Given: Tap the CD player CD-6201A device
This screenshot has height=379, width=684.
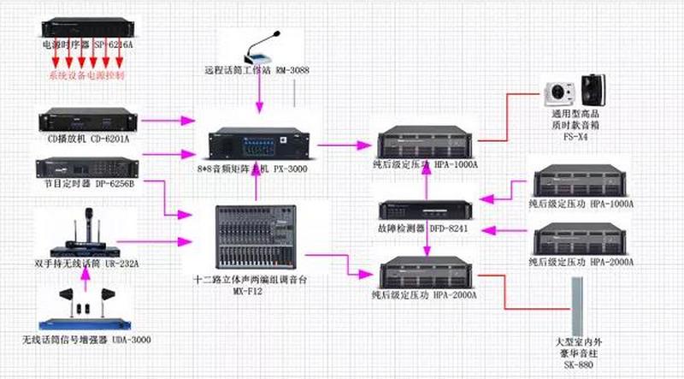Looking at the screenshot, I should pyautogui.click(x=80, y=121).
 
